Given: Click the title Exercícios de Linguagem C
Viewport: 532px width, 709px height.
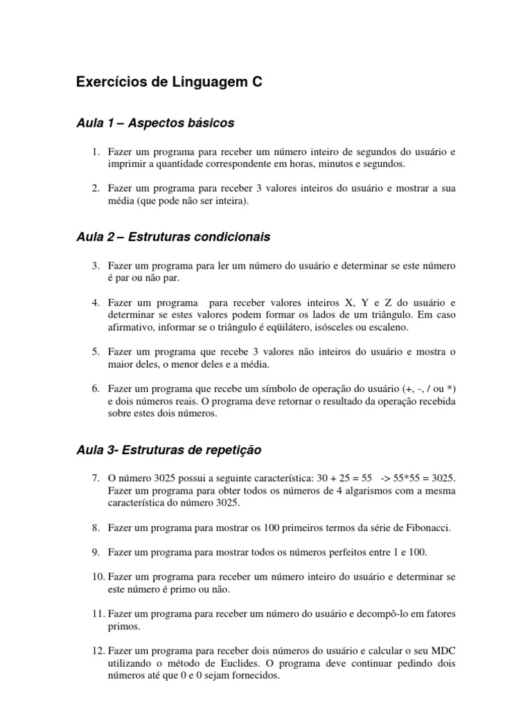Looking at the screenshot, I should pos(170,83).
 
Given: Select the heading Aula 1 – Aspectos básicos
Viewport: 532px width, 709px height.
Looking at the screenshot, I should pos(155,123).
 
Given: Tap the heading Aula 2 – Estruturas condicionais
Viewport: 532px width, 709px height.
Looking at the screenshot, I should pos(172,237).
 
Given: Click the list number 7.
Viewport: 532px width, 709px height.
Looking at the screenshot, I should pos(97,478).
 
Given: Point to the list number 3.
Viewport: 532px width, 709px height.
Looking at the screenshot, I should pos(97,266).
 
